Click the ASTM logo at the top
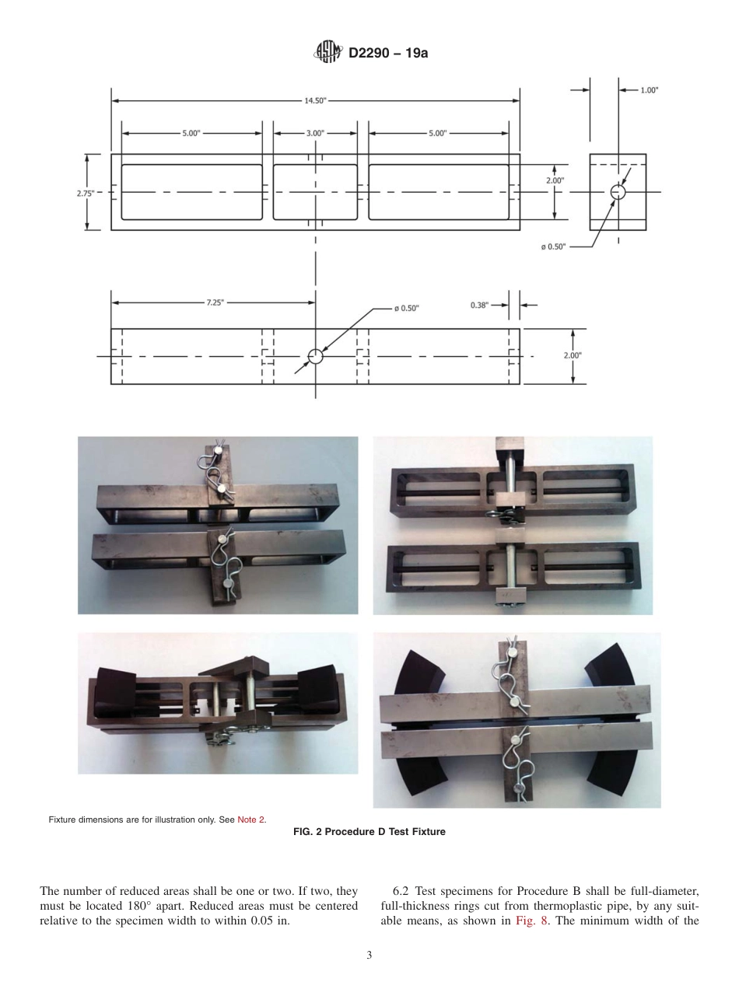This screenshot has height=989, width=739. click(327, 53)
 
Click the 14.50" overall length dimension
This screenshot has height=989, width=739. click(315, 100)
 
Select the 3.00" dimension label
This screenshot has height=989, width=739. click(315, 133)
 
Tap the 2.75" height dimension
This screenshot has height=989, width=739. click(86, 193)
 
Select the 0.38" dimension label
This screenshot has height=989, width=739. click(479, 306)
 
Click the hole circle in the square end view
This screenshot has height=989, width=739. click(618, 192)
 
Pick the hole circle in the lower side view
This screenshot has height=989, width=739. click(315, 356)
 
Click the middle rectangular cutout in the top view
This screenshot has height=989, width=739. click(315, 192)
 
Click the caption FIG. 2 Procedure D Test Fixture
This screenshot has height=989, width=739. click(369, 832)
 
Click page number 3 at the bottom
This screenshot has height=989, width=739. click(369, 956)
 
